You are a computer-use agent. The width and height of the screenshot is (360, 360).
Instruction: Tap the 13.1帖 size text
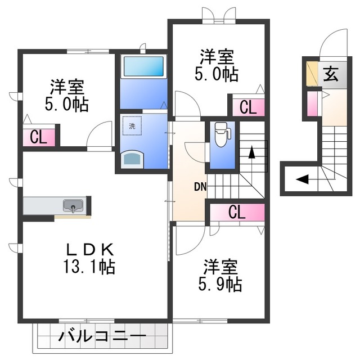[91, 266]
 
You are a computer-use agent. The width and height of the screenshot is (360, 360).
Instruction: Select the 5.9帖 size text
[220, 284]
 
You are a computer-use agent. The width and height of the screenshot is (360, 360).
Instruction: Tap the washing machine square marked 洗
[132, 126]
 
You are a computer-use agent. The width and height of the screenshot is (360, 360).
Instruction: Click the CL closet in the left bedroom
[38, 137]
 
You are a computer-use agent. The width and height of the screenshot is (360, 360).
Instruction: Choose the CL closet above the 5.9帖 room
[237, 212]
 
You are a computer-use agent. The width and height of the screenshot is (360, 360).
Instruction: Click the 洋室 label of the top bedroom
[217, 57]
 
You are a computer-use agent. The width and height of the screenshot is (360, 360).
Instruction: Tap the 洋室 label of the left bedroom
[66, 87]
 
